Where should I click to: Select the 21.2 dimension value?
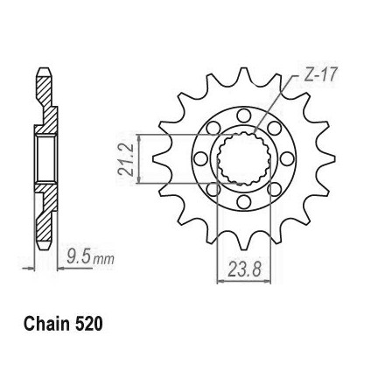click(126, 159)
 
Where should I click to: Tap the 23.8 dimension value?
click(244, 269)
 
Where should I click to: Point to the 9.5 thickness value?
click(78, 257)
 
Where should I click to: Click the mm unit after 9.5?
click(103, 259)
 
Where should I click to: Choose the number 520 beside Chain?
click(89, 325)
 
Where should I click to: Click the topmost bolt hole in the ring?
click(244, 115)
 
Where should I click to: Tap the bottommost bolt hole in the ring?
click(244, 201)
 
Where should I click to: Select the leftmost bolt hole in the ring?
click(200, 158)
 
